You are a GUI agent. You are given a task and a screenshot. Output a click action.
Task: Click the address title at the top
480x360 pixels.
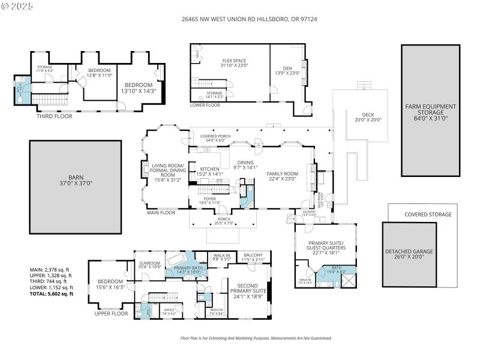(x=239, y=19)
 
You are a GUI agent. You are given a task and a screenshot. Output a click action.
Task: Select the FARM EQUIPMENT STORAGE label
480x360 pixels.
(x=430, y=110)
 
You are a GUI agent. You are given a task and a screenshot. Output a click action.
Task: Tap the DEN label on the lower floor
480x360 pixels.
(x=287, y=70)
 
